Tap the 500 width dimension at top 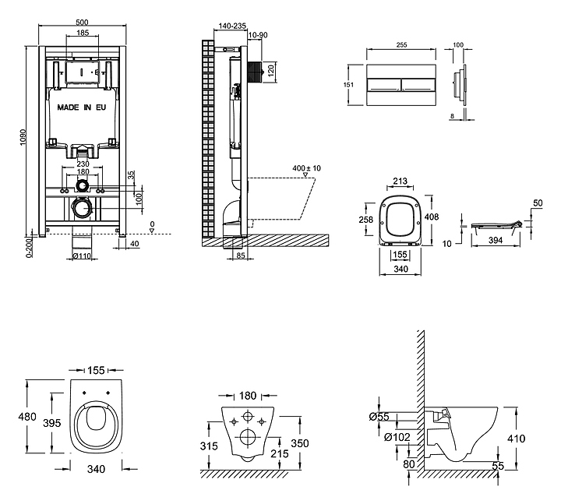tap(82, 23)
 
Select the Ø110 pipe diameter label tap(83, 256)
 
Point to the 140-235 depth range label tap(229, 25)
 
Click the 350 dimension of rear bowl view tap(301, 442)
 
